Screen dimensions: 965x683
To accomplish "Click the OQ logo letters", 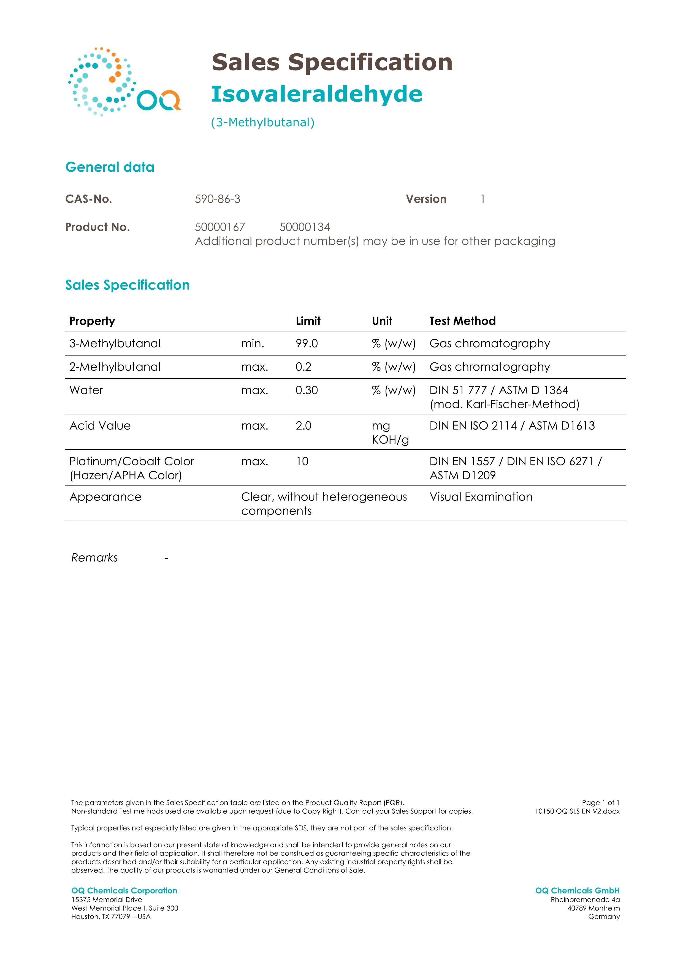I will click(159, 100).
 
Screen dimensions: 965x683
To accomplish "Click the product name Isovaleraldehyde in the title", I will click(316, 94).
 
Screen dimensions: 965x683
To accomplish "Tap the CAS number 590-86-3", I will click(218, 199).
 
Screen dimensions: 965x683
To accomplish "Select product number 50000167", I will click(219, 227).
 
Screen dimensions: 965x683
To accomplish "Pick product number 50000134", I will click(305, 227).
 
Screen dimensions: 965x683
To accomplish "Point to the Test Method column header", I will click(462, 321).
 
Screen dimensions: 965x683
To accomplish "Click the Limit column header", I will click(308, 321).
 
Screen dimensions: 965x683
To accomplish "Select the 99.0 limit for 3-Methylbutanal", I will click(307, 344).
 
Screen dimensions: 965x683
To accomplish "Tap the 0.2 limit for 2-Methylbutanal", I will click(303, 367).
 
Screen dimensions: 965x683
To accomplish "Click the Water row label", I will click(86, 390).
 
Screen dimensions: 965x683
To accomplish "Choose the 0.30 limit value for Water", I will click(307, 390).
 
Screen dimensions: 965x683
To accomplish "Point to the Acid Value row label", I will click(100, 426).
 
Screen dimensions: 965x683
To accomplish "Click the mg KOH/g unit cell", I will click(390, 433).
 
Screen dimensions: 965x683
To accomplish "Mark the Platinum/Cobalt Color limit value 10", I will click(302, 461).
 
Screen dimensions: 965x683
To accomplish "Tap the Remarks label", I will click(95, 558).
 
